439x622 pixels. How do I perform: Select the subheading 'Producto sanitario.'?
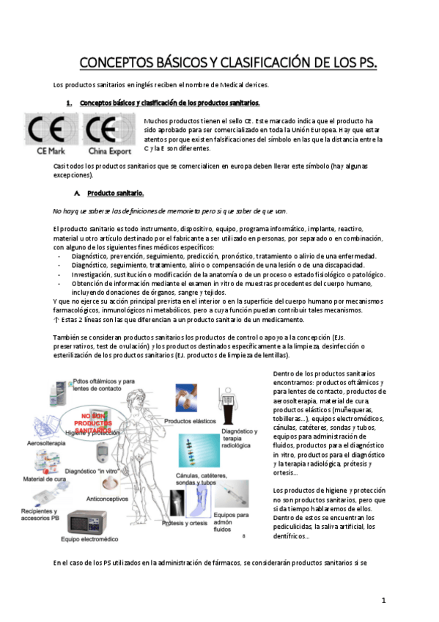[x=115, y=193]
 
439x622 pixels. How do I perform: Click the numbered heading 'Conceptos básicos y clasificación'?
[x=169, y=103]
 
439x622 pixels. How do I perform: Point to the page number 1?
[x=383, y=600]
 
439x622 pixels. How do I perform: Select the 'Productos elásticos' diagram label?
[x=189, y=422]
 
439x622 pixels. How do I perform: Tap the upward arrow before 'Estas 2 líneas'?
[x=57, y=320]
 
